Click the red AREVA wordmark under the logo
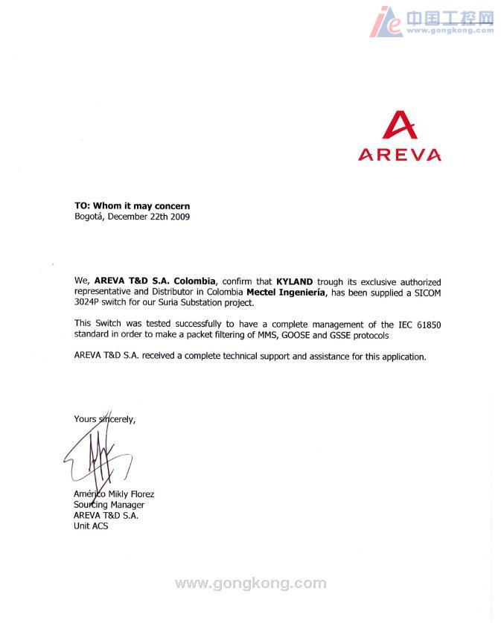point(399,155)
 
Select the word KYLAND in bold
point(295,282)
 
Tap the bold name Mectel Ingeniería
point(286,293)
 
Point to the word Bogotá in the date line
point(89,217)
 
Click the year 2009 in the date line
point(179,217)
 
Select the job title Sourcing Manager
point(109,505)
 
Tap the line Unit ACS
point(91,526)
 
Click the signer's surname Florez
point(140,494)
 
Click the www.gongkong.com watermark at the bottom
point(250,584)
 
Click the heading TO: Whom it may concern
point(132,205)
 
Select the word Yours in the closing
point(85,419)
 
